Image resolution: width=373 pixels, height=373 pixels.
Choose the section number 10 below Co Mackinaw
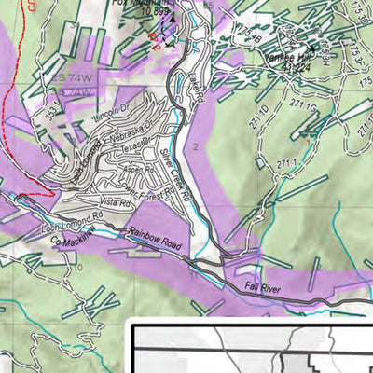79,268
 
